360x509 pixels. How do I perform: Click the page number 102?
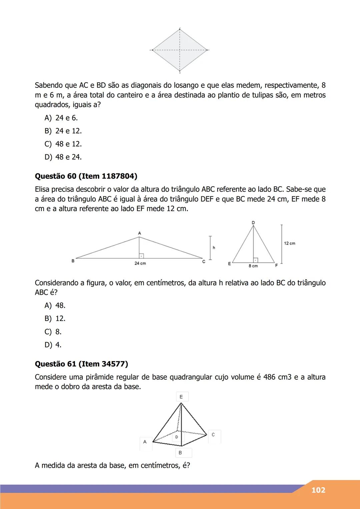(x=318, y=490)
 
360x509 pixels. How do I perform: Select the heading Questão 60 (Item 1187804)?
(x=86, y=176)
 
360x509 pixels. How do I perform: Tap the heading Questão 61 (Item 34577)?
(x=81, y=364)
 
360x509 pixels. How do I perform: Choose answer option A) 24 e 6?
(x=61, y=118)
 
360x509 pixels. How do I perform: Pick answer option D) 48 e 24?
(x=63, y=157)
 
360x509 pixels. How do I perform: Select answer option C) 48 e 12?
(x=63, y=144)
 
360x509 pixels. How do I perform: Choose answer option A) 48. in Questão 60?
(x=55, y=305)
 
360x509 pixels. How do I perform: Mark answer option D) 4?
(x=53, y=345)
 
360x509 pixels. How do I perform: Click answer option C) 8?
(x=53, y=332)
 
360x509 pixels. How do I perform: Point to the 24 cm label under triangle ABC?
(x=140, y=263)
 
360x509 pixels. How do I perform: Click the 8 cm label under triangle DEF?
(x=253, y=266)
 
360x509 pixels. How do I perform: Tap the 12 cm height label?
(x=289, y=243)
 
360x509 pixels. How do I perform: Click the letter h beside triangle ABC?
(x=214, y=248)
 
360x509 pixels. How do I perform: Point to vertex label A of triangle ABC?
(x=139, y=233)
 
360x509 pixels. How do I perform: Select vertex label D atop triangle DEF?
(x=253, y=222)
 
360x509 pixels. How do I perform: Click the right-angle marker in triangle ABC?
(x=141, y=256)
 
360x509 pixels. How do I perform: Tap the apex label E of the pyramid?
(x=181, y=397)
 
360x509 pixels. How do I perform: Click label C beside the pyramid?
(x=213, y=435)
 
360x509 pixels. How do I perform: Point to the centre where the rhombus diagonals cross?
(x=180, y=50)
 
